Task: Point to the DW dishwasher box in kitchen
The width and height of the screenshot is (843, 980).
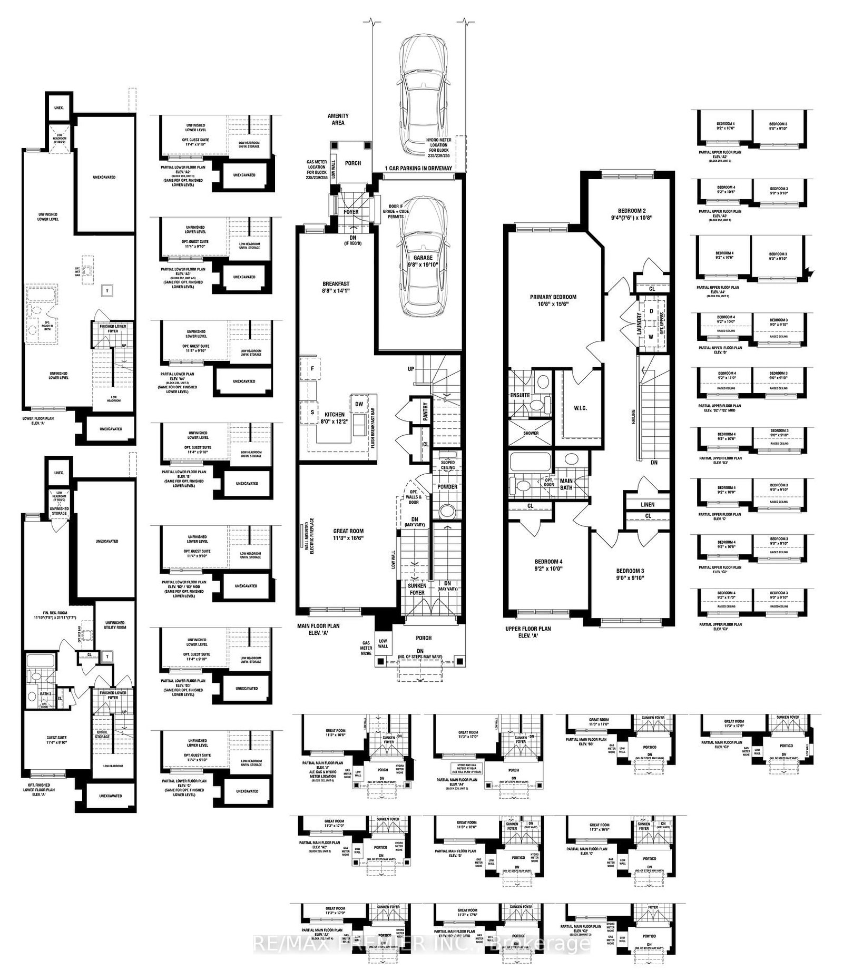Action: click(x=359, y=404)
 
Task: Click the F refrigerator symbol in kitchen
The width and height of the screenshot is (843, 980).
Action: click(x=312, y=368)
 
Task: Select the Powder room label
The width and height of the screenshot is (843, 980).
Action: click(x=447, y=486)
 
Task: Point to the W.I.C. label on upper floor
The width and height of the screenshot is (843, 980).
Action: click(x=580, y=408)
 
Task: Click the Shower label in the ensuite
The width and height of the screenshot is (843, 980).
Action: click(x=531, y=433)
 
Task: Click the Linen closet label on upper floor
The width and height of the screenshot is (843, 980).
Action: click(x=648, y=504)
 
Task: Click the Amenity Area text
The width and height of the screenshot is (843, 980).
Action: click(x=338, y=119)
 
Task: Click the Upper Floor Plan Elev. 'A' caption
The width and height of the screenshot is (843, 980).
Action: click(x=527, y=632)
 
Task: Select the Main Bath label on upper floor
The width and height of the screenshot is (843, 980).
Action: click(x=566, y=484)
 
